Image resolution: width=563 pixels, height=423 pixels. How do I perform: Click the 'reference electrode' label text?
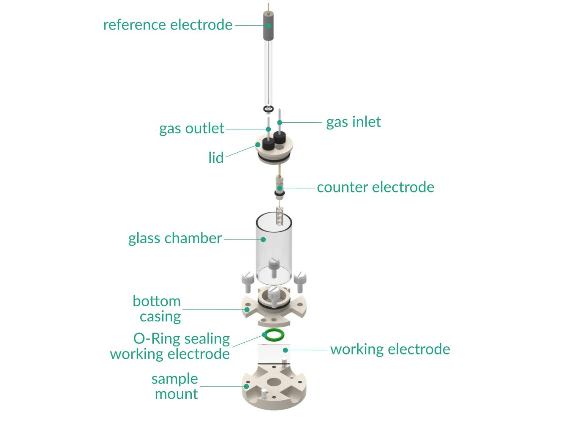coord(168,25)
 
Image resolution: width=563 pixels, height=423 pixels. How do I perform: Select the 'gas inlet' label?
coord(354,122)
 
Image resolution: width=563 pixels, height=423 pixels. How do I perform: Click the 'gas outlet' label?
coord(191,129)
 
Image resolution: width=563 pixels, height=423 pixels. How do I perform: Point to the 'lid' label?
coord(216,158)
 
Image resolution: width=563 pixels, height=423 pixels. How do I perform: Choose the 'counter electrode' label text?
coord(375,187)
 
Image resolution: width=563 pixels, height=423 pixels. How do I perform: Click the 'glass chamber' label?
coord(175,239)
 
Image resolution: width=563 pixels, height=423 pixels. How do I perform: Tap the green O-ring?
coord(273,335)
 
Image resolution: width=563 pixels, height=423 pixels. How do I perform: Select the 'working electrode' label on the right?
coord(390,349)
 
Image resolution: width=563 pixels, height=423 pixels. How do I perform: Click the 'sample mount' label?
coord(175,386)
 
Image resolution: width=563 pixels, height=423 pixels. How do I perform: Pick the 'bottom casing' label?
coord(157,309)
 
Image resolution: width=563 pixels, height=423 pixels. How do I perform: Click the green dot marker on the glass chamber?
coord(263,239)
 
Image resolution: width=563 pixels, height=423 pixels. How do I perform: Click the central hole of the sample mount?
coord(274,382)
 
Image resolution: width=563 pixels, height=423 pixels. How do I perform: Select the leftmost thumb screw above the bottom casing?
coord(248,281)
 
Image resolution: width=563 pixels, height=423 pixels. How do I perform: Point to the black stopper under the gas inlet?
coord(279,137)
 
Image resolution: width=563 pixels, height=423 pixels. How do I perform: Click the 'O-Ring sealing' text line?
coord(182,339)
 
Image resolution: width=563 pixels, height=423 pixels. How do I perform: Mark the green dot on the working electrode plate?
coord(286,350)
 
